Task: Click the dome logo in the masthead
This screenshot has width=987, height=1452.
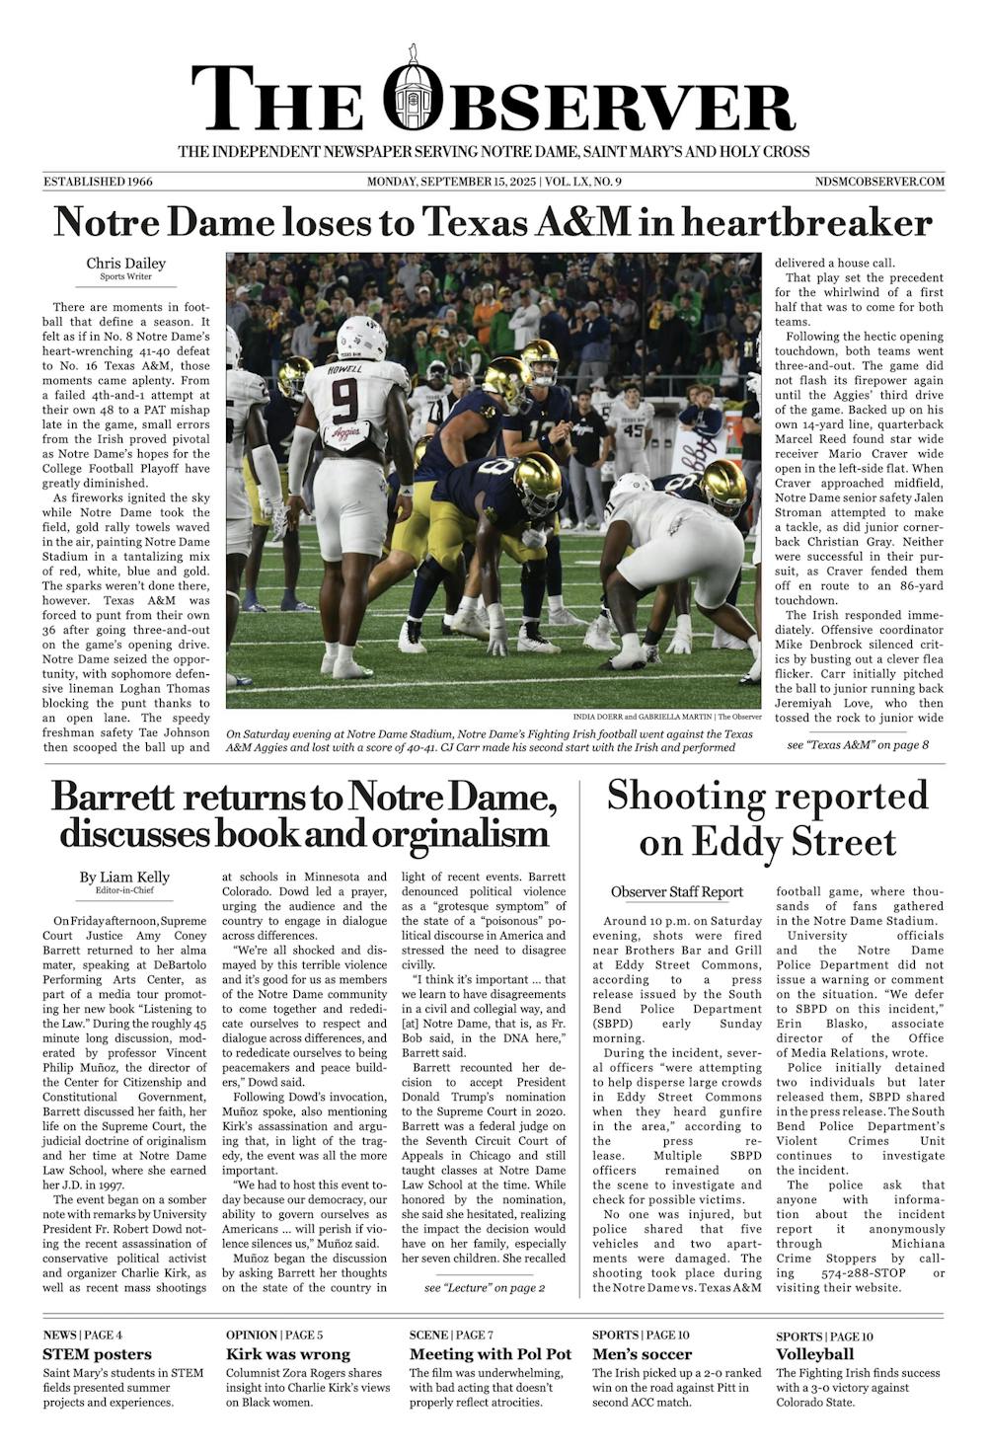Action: pyautogui.click(x=413, y=92)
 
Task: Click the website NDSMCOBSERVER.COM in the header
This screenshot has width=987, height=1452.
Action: pyautogui.click(x=879, y=182)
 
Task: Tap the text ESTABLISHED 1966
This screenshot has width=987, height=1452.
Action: pyautogui.click(x=98, y=182)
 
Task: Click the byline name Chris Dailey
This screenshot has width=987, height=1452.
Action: pyautogui.click(x=125, y=264)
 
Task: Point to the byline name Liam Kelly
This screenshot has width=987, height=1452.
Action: pyautogui.click(x=124, y=877)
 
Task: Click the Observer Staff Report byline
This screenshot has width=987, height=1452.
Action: pyautogui.click(x=676, y=892)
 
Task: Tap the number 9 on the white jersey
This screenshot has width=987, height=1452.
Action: pyautogui.click(x=344, y=399)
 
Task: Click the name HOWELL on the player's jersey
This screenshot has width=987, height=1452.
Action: pyautogui.click(x=345, y=370)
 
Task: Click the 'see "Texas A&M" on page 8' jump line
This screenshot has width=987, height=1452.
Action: pyautogui.click(x=858, y=744)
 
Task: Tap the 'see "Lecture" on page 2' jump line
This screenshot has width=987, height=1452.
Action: pyautogui.click(x=484, y=1287)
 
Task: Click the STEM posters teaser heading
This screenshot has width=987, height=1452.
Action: pyautogui.click(x=98, y=1354)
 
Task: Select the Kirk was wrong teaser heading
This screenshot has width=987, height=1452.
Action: pyautogui.click(x=287, y=1354)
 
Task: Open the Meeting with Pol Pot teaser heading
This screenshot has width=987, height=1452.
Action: pyautogui.click(x=490, y=1354)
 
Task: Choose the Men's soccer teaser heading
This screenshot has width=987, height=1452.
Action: pyautogui.click(x=642, y=1354)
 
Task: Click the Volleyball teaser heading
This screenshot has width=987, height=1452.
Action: pyautogui.click(x=814, y=1354)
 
